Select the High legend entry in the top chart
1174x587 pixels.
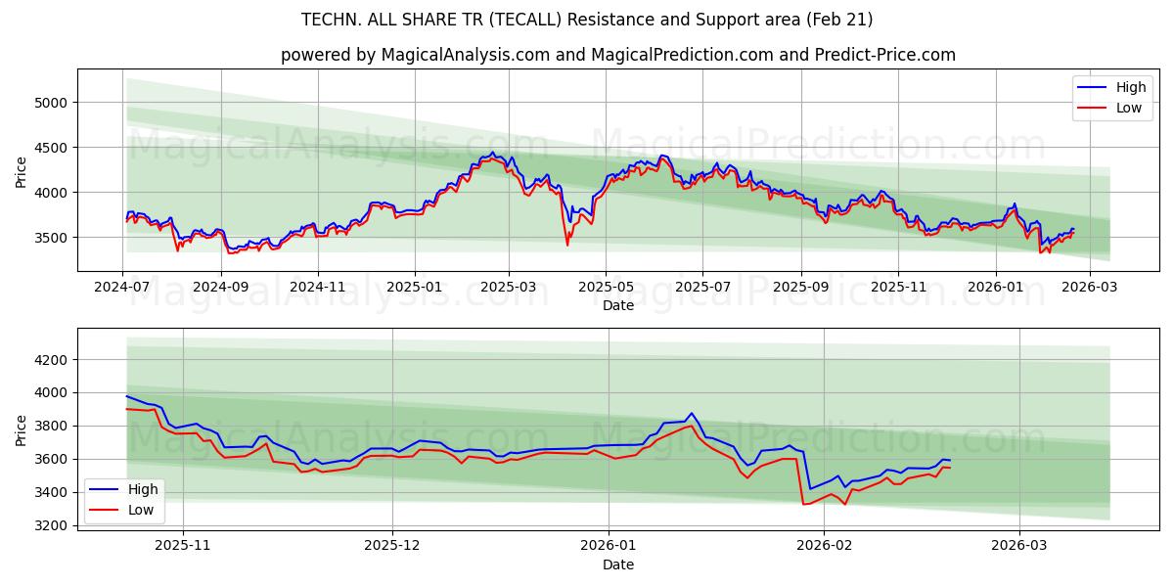click(x=1114, y=88)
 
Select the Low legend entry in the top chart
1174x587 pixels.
click(x=1114, y=109)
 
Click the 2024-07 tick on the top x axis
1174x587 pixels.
click(x=123, y=288)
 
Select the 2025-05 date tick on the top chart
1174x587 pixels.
click(x=606, y=288)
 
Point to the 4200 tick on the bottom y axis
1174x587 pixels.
click(x=49, y=360)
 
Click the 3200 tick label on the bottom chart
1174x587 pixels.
click(x=49, y=525)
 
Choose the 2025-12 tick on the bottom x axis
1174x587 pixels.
click(x=392, y=544)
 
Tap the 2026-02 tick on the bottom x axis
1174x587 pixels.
click(x=824, y=544)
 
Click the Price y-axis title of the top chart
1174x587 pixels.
click(x=22, y=171)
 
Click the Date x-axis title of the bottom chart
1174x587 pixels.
click(x=617, y=564)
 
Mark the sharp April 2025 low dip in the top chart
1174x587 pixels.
click(x=567, y=244)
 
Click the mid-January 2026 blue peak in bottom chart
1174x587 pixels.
click(x=691, y=413)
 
